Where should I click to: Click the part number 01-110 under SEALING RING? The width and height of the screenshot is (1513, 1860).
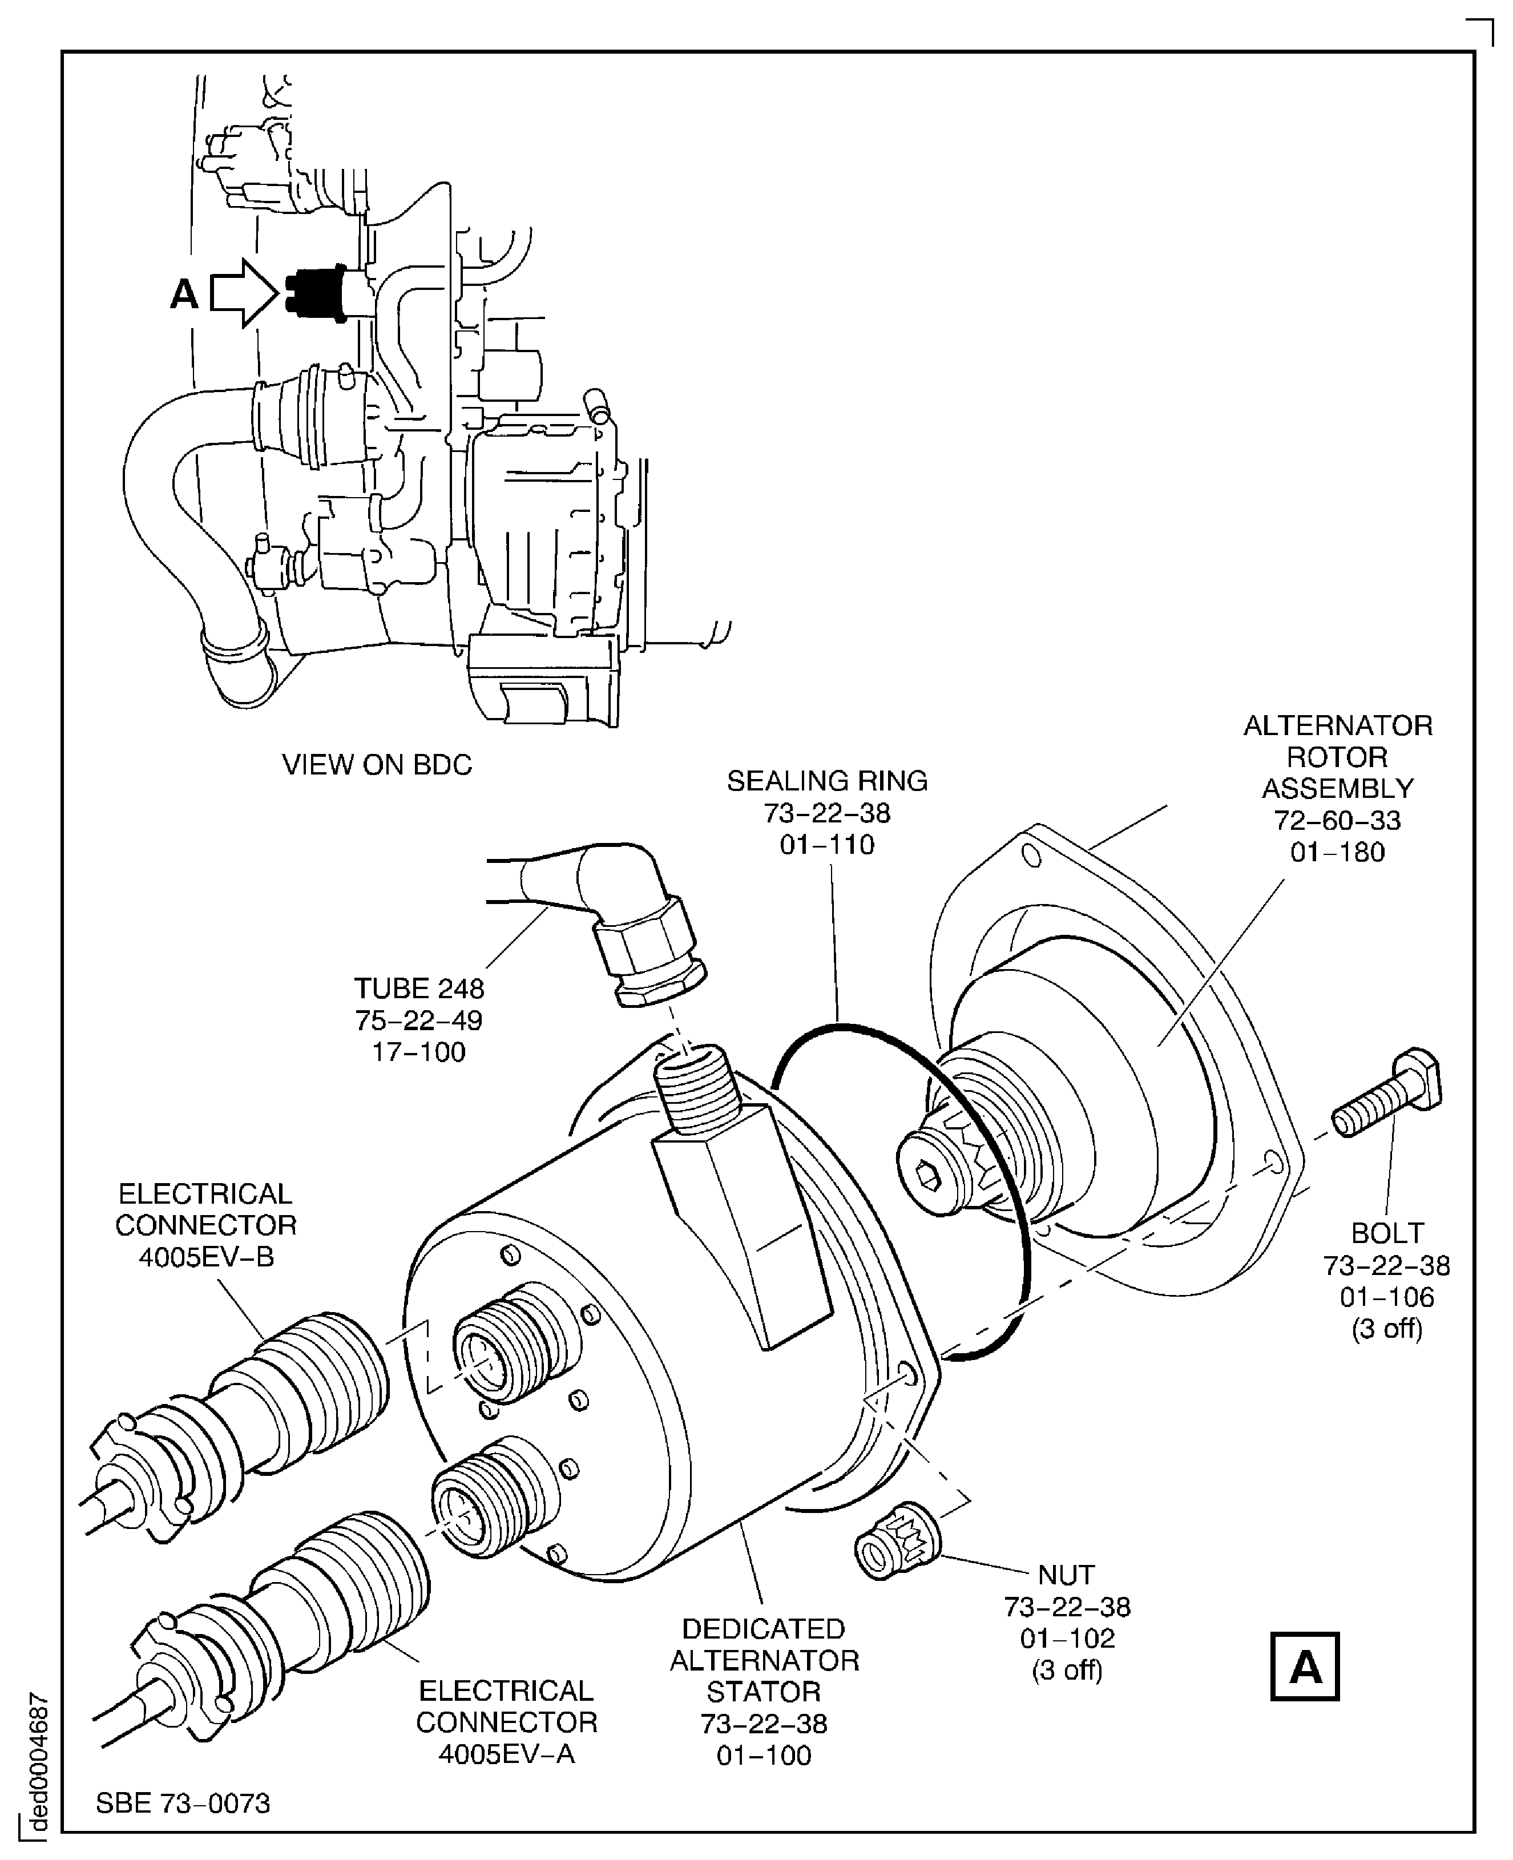(x=826, y=845)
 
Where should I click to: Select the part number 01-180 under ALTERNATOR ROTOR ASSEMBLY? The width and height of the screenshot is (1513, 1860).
(x=1337, y=852)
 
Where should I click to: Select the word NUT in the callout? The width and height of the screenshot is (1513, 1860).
(x=1066, y=1575)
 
